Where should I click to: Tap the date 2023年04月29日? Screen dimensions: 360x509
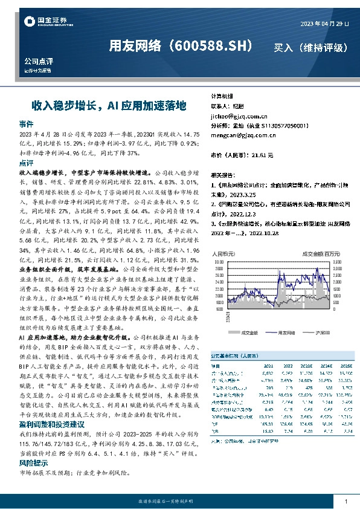click(x=324, y=24)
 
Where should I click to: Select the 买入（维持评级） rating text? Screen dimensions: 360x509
click(x=310, y=47)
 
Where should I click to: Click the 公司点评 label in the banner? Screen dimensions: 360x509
click(x=39, y=62)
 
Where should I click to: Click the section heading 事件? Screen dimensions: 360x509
click(x=26, y=122)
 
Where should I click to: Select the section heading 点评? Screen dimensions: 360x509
click(x=26, y=163)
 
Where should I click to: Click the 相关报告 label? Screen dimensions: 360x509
click(x=223, y=172)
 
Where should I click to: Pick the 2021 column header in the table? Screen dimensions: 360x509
click(x=267, y=366)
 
